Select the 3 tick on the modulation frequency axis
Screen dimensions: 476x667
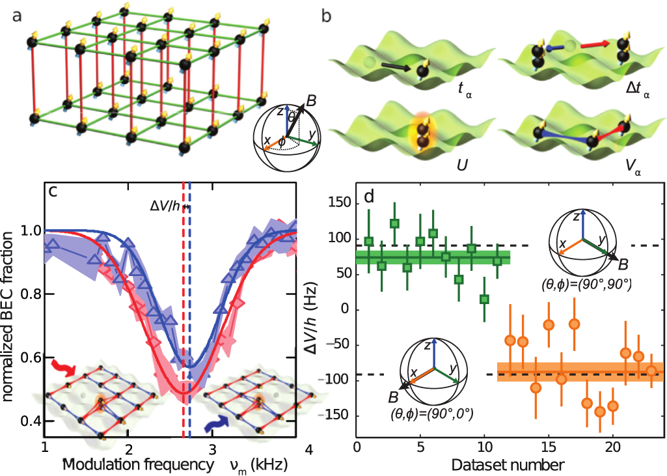point(213,449)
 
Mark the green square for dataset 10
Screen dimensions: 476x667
point(484,299)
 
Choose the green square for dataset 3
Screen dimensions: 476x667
point(394,223)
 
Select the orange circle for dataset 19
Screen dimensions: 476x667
point(599,412)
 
